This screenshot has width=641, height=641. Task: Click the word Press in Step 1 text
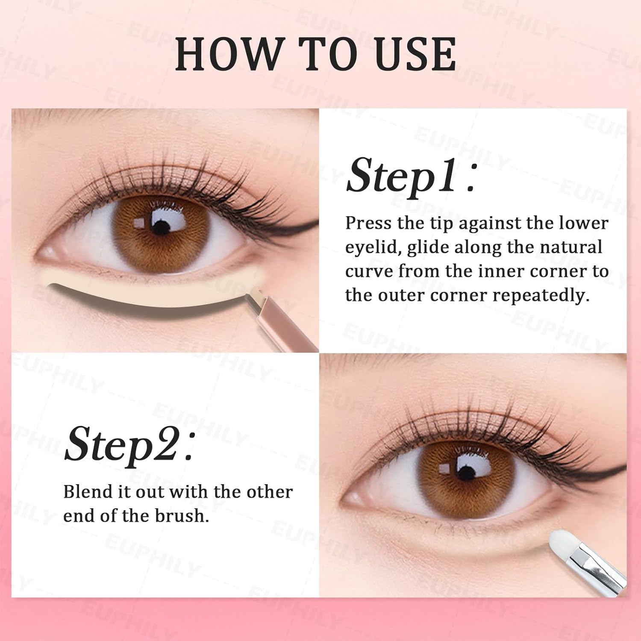(x=368, y=223)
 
